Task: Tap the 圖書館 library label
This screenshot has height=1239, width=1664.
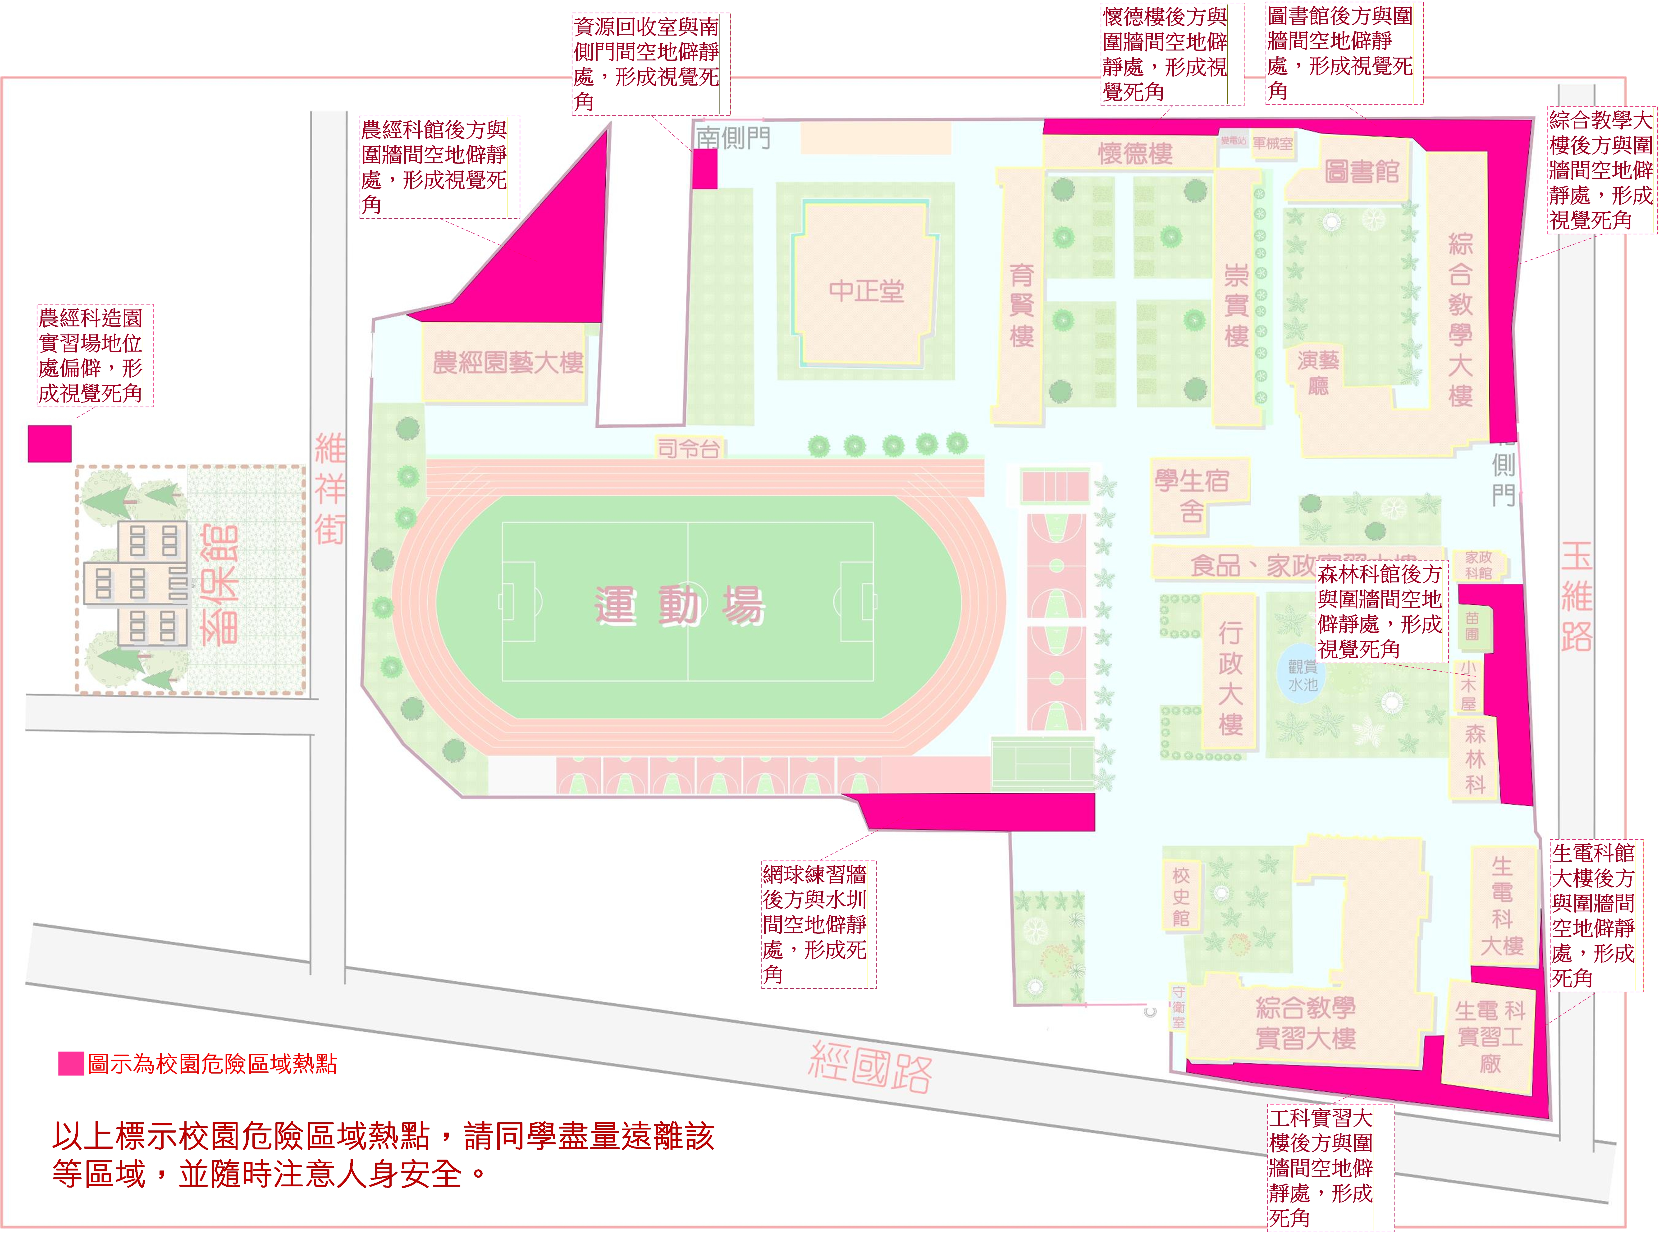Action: pyautogui.click(x=1361, y=172)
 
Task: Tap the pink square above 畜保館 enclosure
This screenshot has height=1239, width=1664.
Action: pyautogui.click(x=50, y=443)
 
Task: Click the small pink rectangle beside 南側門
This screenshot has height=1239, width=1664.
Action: pyautogui.click(x=704, y=169)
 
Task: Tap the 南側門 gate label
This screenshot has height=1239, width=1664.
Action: pyautogui.click(x=733, y=137)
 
